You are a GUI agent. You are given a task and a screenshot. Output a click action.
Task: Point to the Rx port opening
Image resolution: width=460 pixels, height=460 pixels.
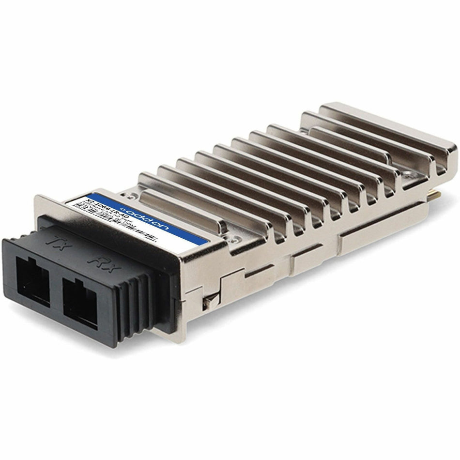click(80, 304)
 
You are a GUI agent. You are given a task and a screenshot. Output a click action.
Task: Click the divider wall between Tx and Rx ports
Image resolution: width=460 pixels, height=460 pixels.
click(56, 292)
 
